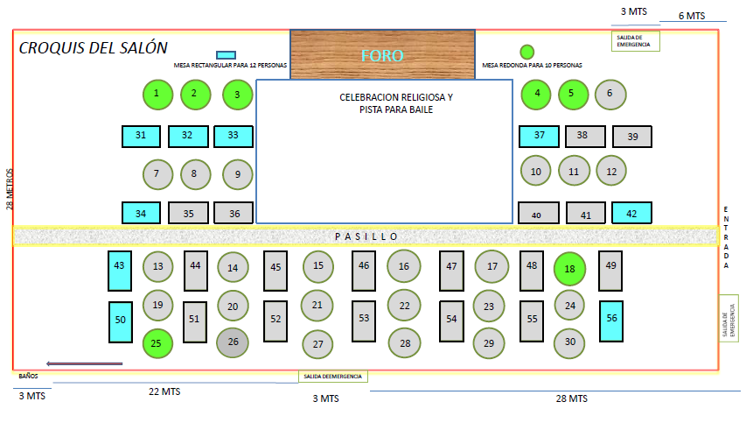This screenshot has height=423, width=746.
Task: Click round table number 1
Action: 157,94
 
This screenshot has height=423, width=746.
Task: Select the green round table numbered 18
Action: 570,270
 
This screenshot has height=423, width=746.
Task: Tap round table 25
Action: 156,342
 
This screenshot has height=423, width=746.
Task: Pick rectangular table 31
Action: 141,136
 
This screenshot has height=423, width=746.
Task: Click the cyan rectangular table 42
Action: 631,213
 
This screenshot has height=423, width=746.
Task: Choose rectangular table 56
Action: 610,320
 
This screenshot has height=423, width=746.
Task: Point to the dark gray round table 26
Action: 233,342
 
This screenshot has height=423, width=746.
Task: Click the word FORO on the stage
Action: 383,56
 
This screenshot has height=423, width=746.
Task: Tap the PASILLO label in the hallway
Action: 366,236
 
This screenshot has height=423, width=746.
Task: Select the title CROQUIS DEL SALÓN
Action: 94,48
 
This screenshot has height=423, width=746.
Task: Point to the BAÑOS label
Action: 28,376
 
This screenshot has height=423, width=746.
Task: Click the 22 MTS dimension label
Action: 164,392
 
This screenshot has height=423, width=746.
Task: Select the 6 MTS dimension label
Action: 691,16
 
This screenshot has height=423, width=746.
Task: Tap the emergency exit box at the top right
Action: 636,41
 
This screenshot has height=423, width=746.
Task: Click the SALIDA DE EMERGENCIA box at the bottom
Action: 332,377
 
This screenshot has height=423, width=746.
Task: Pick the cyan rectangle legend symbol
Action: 226,55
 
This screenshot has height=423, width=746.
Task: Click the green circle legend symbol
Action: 526,51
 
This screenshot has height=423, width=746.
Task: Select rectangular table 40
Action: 537,214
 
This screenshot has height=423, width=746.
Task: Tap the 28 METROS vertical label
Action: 9,188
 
